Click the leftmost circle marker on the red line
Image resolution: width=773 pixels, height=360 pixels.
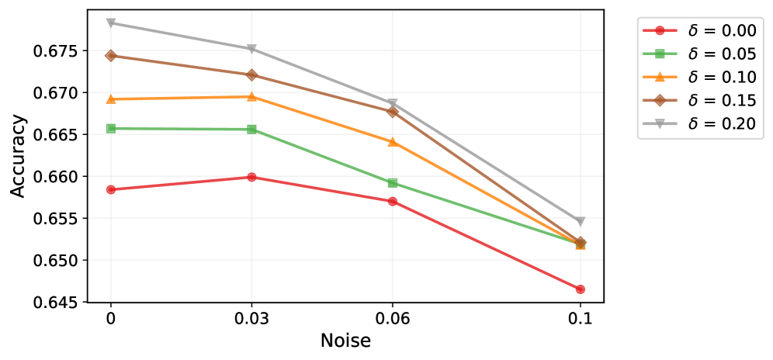(x=111, y=189)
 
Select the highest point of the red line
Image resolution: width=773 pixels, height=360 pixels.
(x=251, y=177)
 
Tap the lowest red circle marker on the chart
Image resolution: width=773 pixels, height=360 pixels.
(x=580, y=289)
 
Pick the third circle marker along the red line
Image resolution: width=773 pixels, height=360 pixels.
(x=392, y=201)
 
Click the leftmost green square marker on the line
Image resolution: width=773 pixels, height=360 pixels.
(x=111, y=128)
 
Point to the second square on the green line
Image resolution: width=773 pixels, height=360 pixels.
(x=251, y=129)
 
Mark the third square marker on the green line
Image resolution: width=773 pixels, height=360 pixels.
(x=392, y=182)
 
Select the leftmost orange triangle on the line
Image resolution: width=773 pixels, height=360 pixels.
(x=111, y=99)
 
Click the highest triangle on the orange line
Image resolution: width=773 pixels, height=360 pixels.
(x=251, y=96)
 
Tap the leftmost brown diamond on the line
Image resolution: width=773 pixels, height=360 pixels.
(x=111, y=56)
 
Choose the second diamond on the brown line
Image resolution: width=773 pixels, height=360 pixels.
(x=251, y=74)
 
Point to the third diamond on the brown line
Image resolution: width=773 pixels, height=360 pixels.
(x=392, y=112)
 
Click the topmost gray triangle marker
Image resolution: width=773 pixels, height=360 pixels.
(x=111, y=22)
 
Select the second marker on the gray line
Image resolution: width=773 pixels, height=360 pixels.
(x=251, y=49)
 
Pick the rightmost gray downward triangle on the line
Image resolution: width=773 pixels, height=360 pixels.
(x=580, y=222)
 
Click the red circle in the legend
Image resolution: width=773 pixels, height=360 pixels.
(x=660, y=30)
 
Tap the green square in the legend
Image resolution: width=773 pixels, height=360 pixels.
(x=660, y=54)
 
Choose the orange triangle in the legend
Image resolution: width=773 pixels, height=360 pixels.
(x=660, y=77)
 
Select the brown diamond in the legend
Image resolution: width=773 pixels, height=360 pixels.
(x=660, y=100)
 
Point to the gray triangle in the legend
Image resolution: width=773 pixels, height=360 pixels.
(x=660, y=123)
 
